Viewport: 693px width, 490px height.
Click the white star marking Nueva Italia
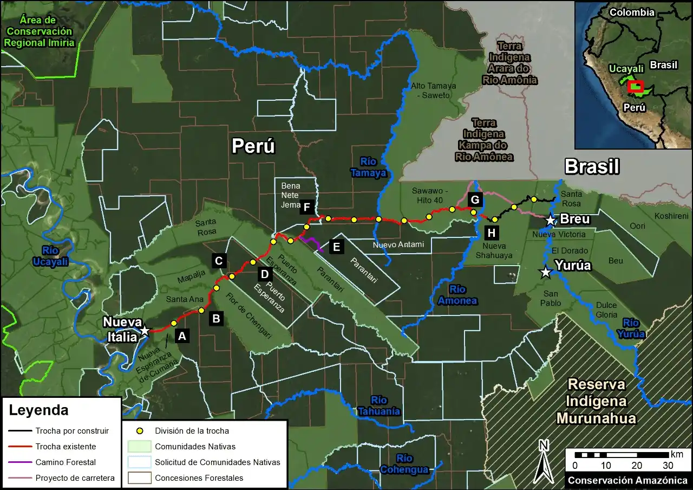point(145,331)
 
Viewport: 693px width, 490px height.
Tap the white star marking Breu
point(551,220)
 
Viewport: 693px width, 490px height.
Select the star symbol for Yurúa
point(546,273)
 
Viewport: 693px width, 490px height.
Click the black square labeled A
point(182,336)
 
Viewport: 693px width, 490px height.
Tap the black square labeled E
point(336,247)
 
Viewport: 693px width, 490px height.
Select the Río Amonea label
point(458,295)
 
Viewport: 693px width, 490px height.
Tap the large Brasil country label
point(592,166)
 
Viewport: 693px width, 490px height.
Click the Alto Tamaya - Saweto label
point(434,91)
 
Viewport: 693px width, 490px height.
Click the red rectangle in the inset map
point(635,87)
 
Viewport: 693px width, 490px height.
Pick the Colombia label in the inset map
point(632,12)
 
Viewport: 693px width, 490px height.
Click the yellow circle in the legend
point(140,431)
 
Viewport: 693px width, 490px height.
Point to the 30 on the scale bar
point(668,466)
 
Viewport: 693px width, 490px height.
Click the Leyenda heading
point(38,410)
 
